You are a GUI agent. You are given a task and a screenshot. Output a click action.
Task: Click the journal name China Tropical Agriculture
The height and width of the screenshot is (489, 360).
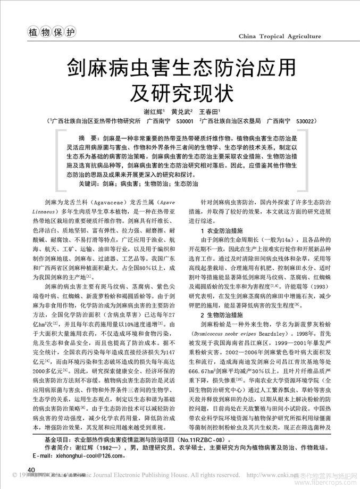(x=280, y=36)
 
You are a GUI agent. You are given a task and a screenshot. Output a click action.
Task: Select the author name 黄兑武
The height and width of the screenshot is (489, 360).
(x=181, y=112)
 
